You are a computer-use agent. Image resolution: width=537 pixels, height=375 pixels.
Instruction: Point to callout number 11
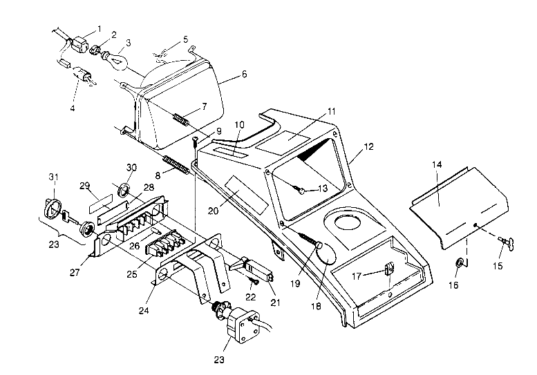[x=331, y=110]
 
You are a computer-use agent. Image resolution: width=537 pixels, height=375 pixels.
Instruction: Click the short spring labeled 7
[x=180, y=119]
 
